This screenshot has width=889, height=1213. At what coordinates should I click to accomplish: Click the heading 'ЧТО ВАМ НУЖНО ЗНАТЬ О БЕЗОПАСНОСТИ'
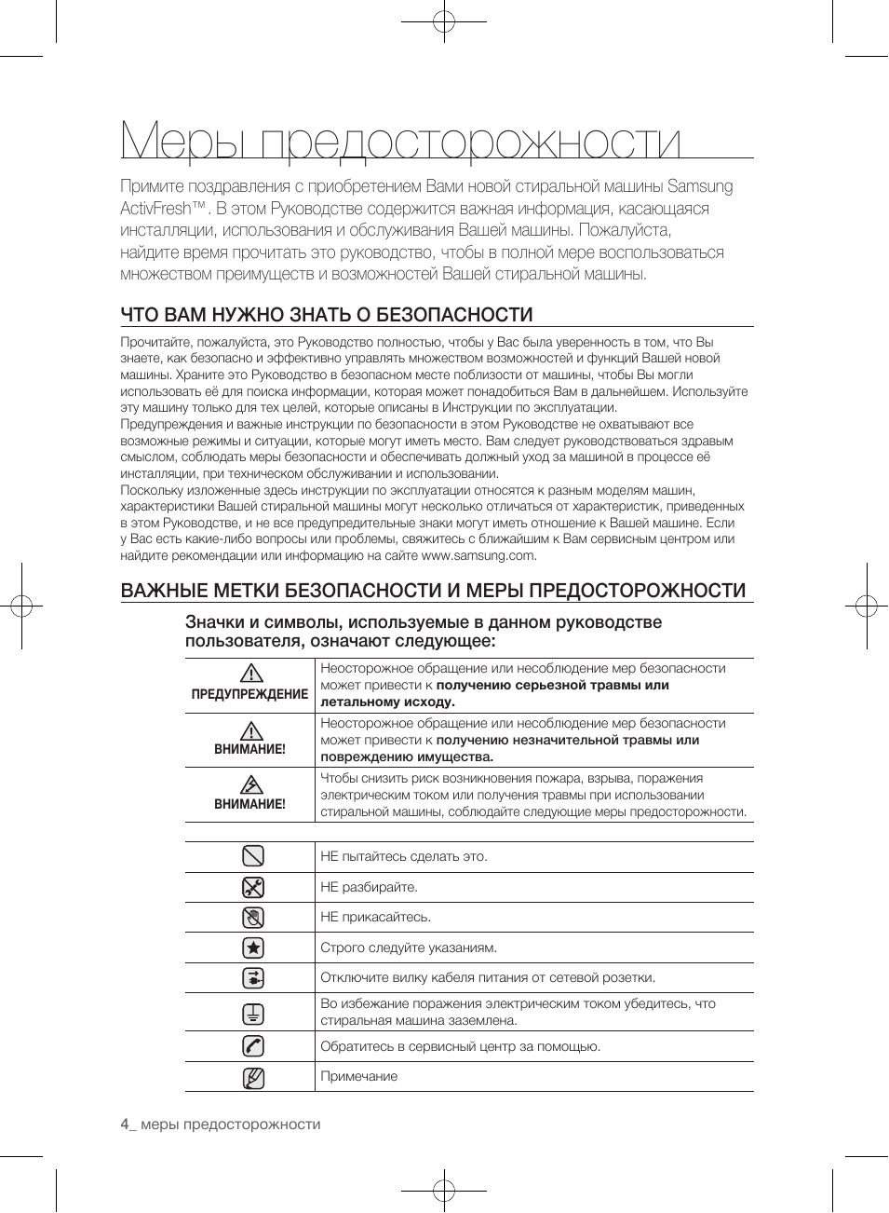(x=326, y=315)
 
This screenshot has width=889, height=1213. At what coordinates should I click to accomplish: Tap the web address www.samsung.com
(x=478, y=555)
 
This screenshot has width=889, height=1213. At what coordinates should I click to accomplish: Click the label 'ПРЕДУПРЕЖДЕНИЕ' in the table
(x=249, y=694)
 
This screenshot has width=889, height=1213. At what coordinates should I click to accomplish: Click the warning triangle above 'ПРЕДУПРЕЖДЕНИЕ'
(x=249, y=674)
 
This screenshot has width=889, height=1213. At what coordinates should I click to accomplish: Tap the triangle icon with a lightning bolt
(x=249, y=784)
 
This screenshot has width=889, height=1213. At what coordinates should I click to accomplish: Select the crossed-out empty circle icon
(x=252, y=856)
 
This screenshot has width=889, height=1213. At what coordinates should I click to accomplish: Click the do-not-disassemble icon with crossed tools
(x=252, y=887)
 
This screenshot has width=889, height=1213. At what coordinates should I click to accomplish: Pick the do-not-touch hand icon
(x=252, y=918)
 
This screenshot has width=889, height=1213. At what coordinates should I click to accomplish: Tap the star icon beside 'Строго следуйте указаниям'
(x=252, y=947)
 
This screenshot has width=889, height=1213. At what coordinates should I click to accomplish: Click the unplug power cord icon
(x=252, y=977)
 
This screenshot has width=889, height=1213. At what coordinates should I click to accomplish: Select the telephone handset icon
(x=252, y=1046)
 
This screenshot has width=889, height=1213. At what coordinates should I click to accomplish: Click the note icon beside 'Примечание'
(x=252, y=1078)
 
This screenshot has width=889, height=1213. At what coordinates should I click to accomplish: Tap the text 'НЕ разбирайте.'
(x=369, y=887)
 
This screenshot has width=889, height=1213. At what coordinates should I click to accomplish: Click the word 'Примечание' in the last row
(x=358, y=1076)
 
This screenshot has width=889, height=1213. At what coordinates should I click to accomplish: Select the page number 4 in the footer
(x=125, y=1124)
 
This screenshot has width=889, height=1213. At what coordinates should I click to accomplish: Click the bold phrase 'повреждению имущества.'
(x=407, y=756)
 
